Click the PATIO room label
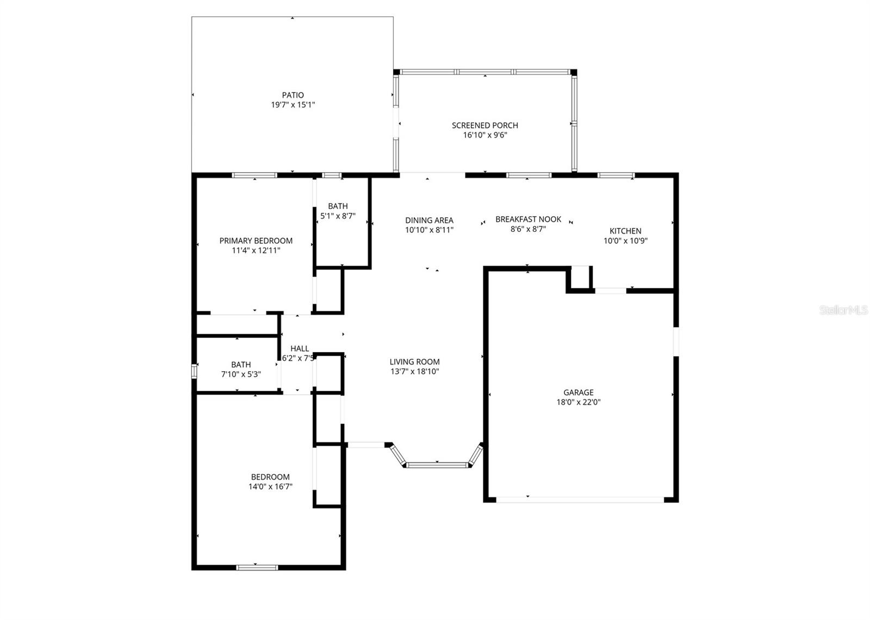[293, 95]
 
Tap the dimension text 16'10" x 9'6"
[485, 135]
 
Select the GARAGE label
[578, 392]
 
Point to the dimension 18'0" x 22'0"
[578, 402]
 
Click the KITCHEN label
[625, 231]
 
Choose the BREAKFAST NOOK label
[528, 219]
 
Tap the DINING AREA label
[429, 220]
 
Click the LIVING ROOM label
[414, 362]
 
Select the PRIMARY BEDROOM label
[256, 241]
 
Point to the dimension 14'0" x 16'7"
[270, 487]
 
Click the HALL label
[300, 348]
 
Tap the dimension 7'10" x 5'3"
[241, 375]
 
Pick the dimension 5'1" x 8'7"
[338, 216]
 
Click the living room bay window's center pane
[437, 465]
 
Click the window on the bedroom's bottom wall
[257, 567]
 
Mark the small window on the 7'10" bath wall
[194, 371]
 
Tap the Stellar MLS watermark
[843, 310]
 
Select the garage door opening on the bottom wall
[580, 499]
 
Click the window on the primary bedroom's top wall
[254, 175]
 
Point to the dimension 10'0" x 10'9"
[625, 241]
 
